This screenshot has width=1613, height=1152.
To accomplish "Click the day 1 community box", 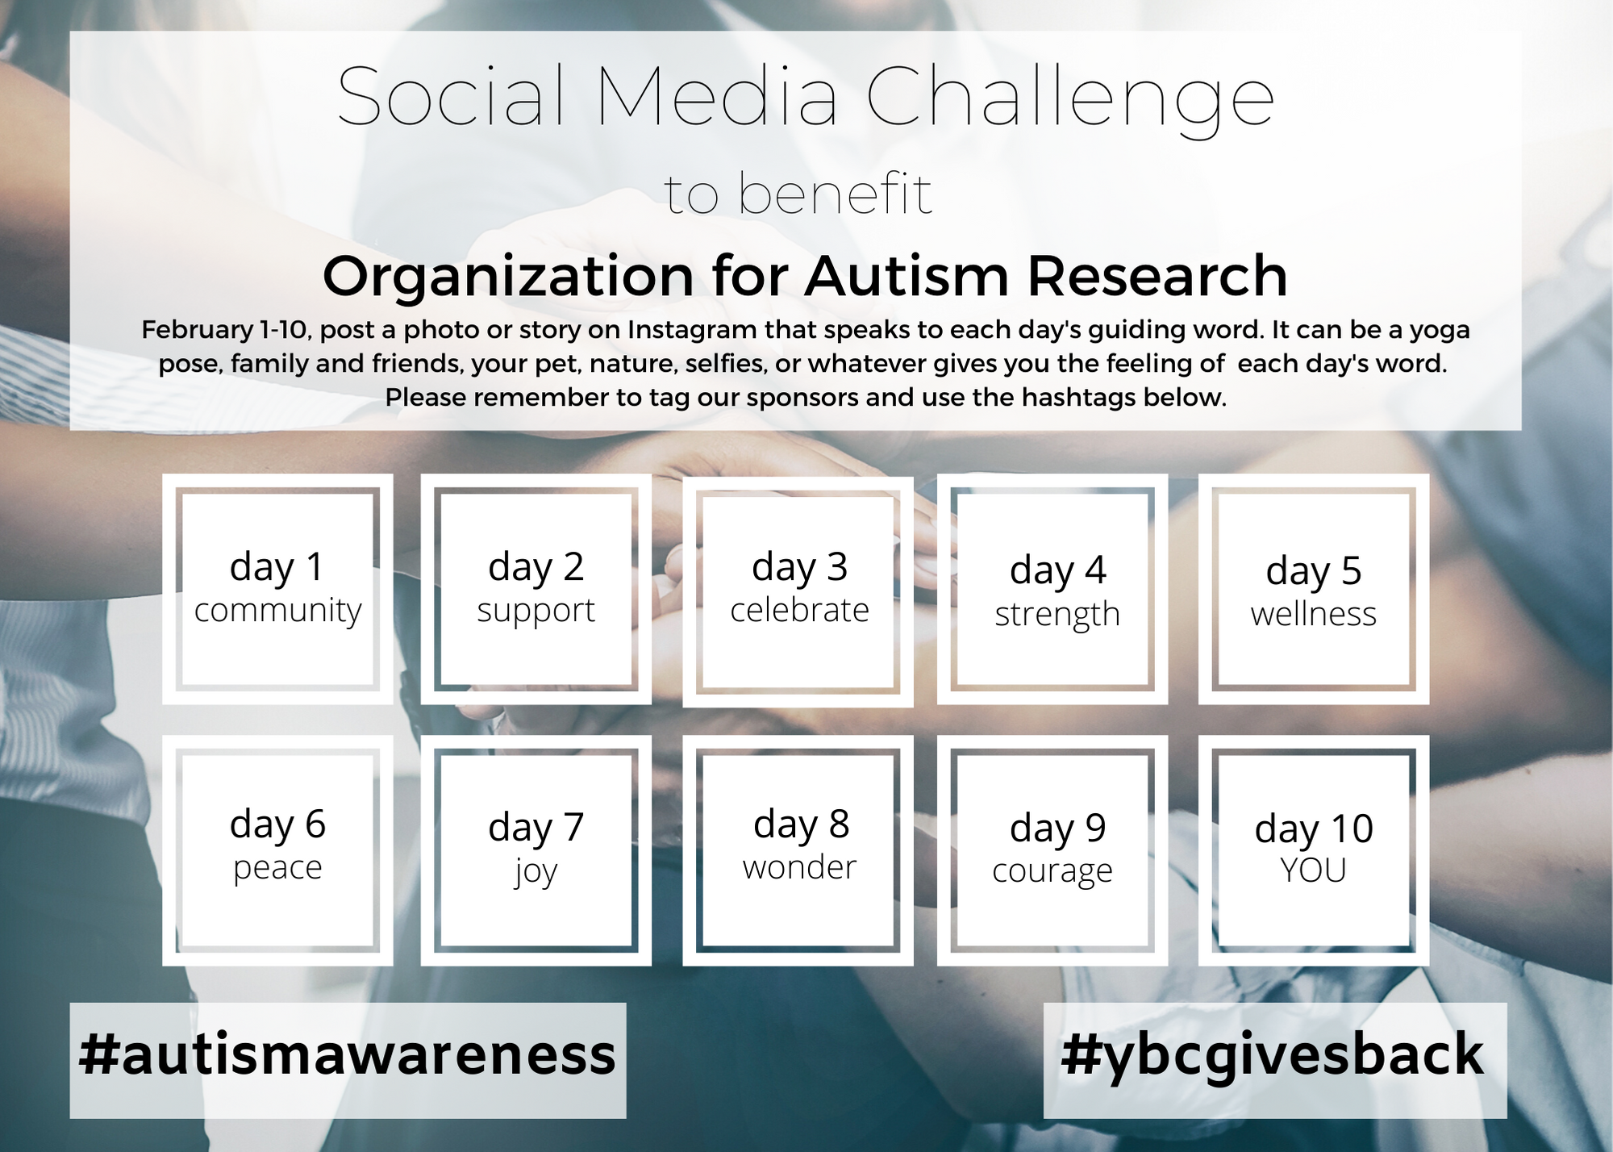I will [x=277, y=589].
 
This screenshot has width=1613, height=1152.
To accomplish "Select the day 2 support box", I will [x=536, y=589].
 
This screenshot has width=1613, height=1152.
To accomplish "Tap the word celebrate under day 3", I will [x=799, y=611].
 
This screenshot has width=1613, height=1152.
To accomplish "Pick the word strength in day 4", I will [x=1057, y=615].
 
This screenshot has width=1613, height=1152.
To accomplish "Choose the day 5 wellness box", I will [x=1313, y=589].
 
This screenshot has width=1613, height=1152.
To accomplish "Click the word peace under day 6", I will [x=277, y=868].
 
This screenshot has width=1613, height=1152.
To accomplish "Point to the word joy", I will [x=536, y=872].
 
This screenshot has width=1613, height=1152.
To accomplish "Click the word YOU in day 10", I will [x=1313, y=870].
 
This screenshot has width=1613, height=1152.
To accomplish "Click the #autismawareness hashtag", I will [x=348, y=1055].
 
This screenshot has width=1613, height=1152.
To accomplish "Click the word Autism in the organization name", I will [x=907, y=276].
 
